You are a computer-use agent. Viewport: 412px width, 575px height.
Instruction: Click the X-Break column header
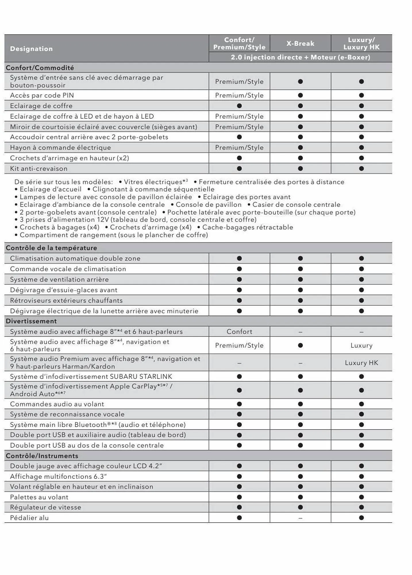point(300,43)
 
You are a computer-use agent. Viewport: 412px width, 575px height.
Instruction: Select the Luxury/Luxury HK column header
point(361,43)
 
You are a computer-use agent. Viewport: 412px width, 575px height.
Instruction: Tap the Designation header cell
point(31,49)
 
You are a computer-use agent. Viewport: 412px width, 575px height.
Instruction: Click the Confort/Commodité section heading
point(40,68)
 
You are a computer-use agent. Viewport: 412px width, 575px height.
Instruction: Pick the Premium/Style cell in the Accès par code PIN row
point(239,95)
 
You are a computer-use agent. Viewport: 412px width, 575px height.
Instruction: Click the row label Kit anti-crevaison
point(39,168)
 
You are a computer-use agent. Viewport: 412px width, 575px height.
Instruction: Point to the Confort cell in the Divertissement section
point(239,331)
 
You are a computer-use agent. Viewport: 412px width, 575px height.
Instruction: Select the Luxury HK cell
point(361,363)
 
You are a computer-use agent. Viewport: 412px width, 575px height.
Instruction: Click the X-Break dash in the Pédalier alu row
point(300,518)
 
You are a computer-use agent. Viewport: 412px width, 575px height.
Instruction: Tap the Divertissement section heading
point(31,321)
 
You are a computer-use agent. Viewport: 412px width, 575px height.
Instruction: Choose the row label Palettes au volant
point(39,497)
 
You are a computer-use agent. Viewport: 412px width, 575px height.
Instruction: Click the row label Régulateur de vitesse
point(45,507)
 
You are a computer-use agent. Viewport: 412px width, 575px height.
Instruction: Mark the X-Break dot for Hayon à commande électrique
point(300,147)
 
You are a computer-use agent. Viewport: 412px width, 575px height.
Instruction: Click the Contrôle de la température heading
point(51,248)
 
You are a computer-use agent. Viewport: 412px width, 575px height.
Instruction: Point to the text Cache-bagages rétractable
point(247,227)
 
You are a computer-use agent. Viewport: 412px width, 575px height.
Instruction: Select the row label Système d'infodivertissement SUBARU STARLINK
point(91,376)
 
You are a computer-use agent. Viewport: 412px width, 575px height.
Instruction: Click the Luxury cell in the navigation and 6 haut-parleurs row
point(361,345)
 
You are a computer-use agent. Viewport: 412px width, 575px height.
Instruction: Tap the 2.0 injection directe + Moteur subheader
point(300,57)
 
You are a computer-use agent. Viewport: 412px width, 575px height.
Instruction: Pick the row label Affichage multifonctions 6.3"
point(58,476)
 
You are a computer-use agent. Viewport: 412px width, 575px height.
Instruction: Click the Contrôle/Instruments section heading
point(42,456)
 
